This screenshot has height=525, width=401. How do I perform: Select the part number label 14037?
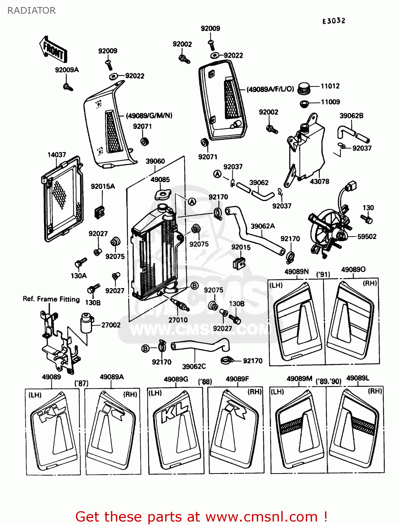point(57,155)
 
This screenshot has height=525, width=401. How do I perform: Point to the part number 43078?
point(319,181)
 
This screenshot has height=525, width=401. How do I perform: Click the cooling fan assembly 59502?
point(327,231)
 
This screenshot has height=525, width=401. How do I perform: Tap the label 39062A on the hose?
point(263,226)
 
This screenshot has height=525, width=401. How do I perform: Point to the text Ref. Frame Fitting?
point(51,299)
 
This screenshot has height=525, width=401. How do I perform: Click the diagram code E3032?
point(334,21)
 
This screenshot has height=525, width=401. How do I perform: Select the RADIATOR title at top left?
point(31,10)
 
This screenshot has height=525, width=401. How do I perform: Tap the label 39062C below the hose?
point(194,366)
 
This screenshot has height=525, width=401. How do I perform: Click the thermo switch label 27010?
point(178,320)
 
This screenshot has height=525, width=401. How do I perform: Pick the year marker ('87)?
point(82,383)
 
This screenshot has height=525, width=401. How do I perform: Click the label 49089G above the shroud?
point(176,379)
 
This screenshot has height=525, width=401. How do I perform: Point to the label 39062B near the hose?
point(351,116)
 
